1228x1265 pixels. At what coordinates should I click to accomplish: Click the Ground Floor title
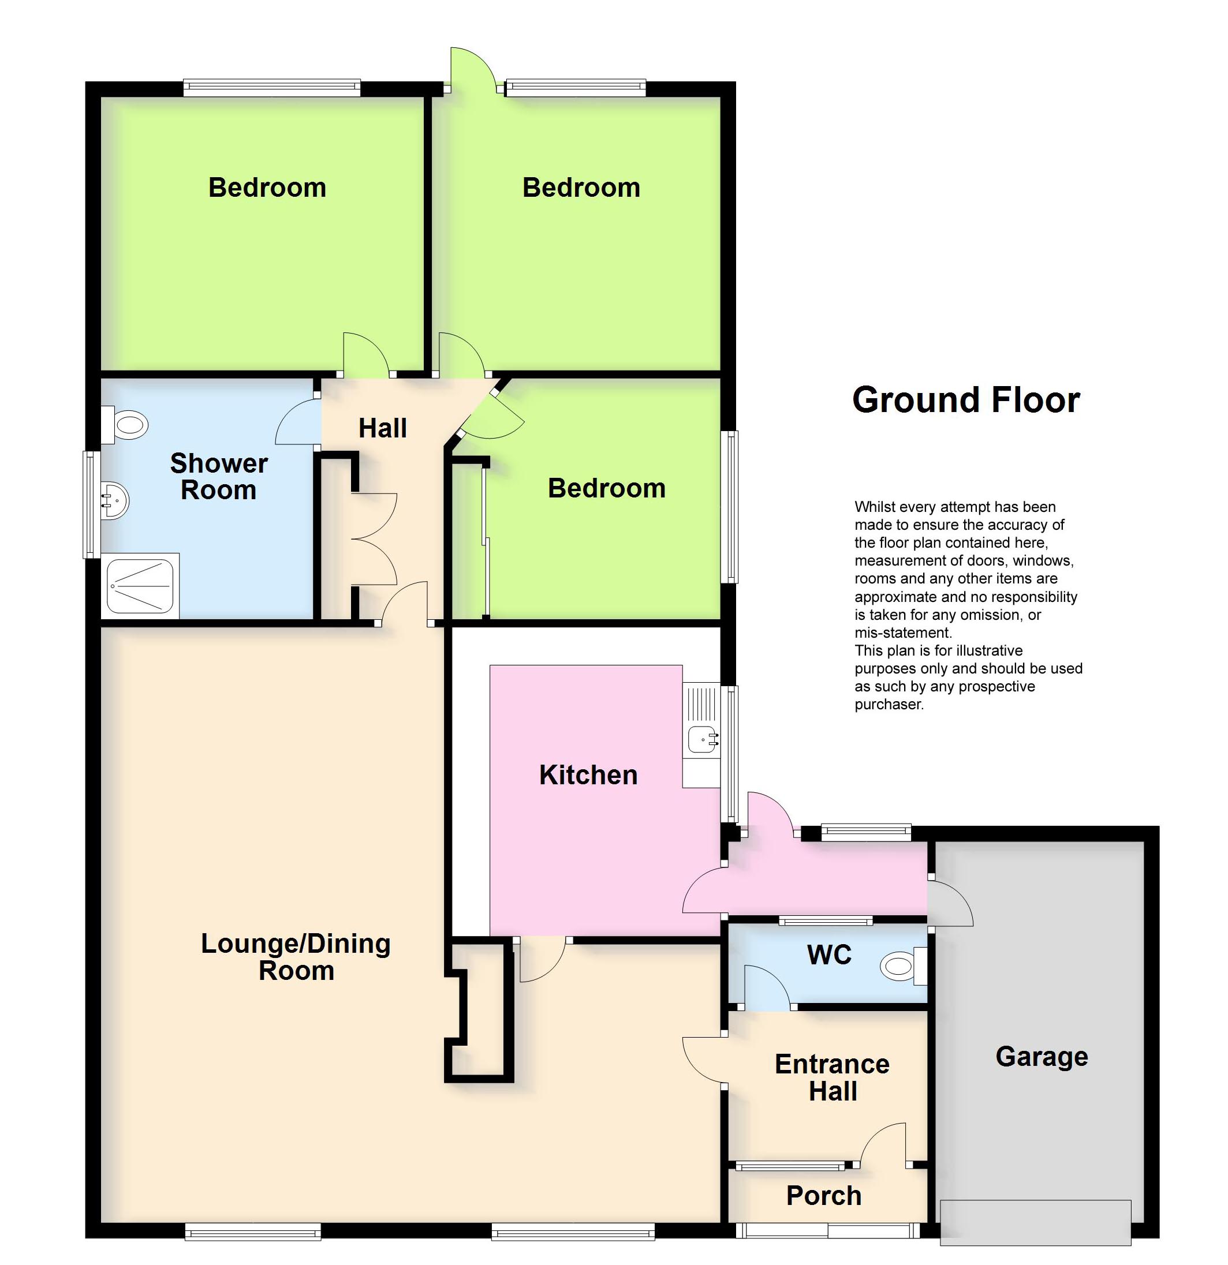point(966,400)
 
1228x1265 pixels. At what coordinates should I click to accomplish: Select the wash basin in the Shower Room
point(115,500)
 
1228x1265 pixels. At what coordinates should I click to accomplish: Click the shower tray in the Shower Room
point(141,586)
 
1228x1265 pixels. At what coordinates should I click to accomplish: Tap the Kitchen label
point(588,775)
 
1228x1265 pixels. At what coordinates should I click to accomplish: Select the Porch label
point(824,1196)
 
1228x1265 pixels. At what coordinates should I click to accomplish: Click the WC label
point(830,955)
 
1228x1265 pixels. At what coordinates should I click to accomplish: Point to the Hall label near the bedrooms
point(383,428)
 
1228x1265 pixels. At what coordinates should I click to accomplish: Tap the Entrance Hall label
point(832,1078)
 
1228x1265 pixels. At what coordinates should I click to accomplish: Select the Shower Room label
point(219,476)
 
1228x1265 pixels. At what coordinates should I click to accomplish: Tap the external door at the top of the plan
point(473,68)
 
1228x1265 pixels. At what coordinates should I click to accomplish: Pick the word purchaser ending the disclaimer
point(889,705)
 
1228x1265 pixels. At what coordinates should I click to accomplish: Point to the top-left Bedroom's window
point(272,88)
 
